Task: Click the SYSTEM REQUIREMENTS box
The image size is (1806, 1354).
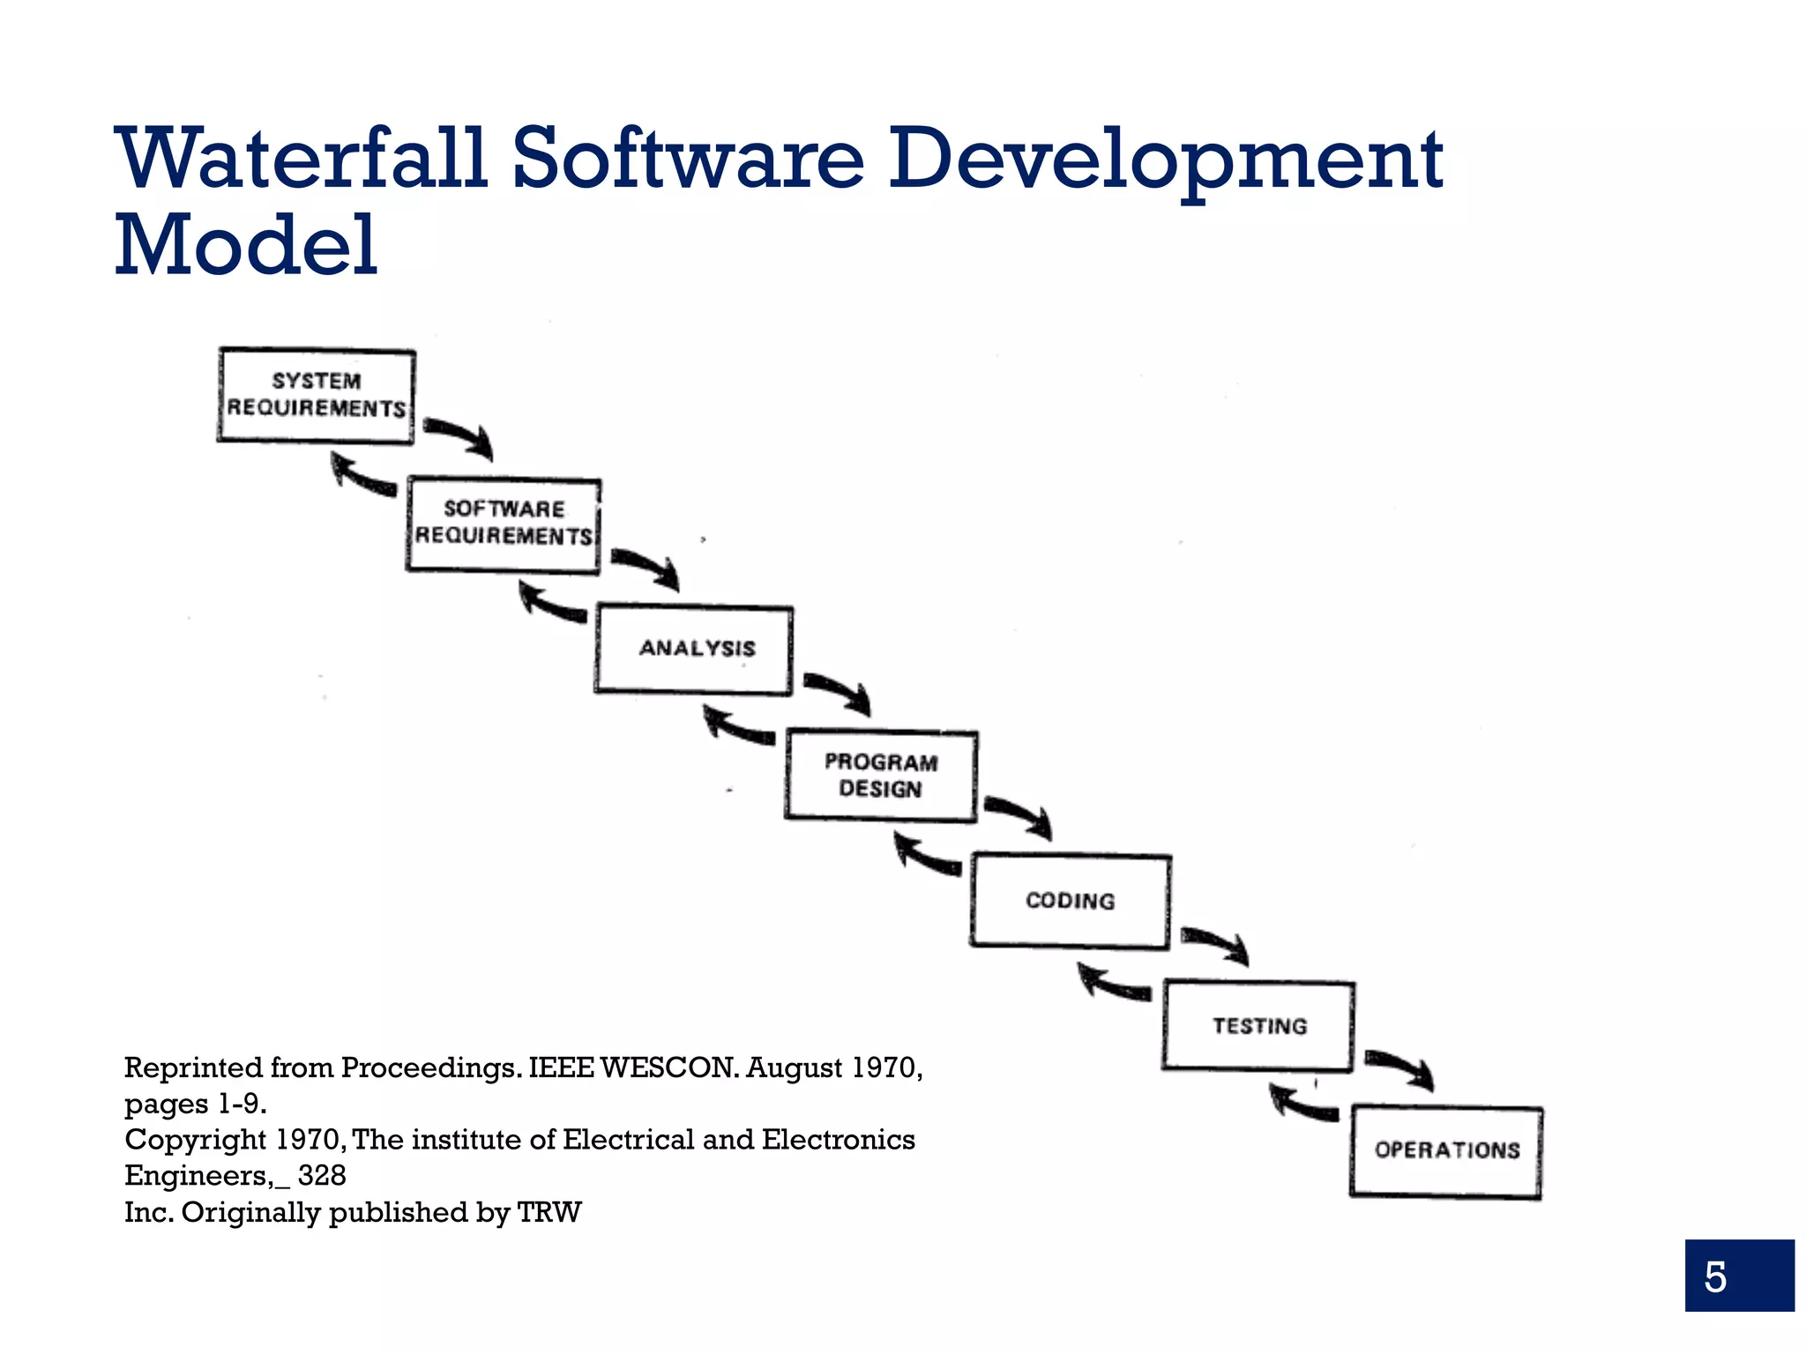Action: [316, 395]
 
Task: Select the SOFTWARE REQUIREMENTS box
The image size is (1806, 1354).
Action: [504, 525]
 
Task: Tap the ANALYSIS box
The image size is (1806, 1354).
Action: [694, 650]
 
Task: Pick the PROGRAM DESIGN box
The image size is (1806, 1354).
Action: [881, 776]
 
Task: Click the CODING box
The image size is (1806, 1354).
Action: [1070, 901]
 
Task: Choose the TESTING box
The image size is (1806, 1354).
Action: [1258, 1026]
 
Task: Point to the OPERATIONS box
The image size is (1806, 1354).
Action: [1446, 1150]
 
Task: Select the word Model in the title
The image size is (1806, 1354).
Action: [247, 245]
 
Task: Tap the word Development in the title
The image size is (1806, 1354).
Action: [1164, 160]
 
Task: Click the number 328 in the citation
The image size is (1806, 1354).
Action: [322, 1176]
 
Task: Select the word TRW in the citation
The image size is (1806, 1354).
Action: [549, 1213]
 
